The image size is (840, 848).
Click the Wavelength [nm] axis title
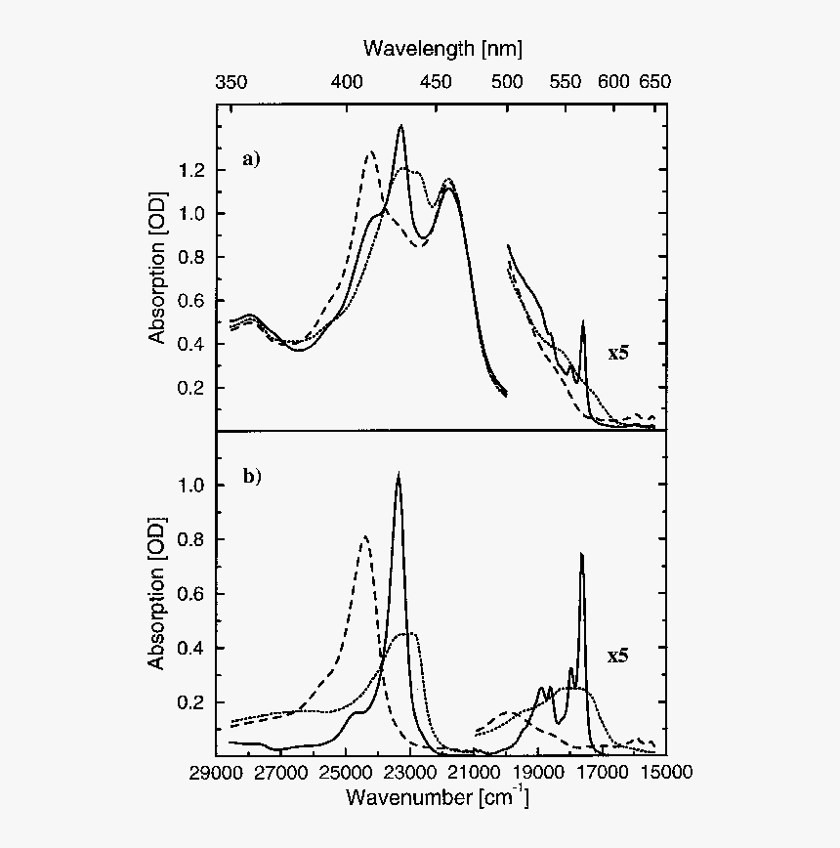[442, 47]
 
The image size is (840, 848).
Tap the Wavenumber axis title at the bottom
[438, 798]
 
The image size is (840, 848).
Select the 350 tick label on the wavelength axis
[231, 82]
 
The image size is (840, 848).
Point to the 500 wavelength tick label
[507, 82]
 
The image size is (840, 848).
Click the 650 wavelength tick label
[653, 82]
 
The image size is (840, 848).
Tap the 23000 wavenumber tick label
[409, 773]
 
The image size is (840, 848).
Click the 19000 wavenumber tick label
[537, 773]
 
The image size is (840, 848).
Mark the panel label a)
[252, 158]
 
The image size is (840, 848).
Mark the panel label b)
[252, 477]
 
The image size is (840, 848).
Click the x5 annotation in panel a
[618, 354]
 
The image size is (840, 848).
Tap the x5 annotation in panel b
[618, 656]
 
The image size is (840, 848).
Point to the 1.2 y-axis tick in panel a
[193, 171]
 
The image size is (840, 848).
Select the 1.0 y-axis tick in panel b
[193, 486]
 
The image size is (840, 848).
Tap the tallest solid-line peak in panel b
[398, 475]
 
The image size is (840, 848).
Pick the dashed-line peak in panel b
[365, 536]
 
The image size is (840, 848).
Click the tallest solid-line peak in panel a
[400, 127]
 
